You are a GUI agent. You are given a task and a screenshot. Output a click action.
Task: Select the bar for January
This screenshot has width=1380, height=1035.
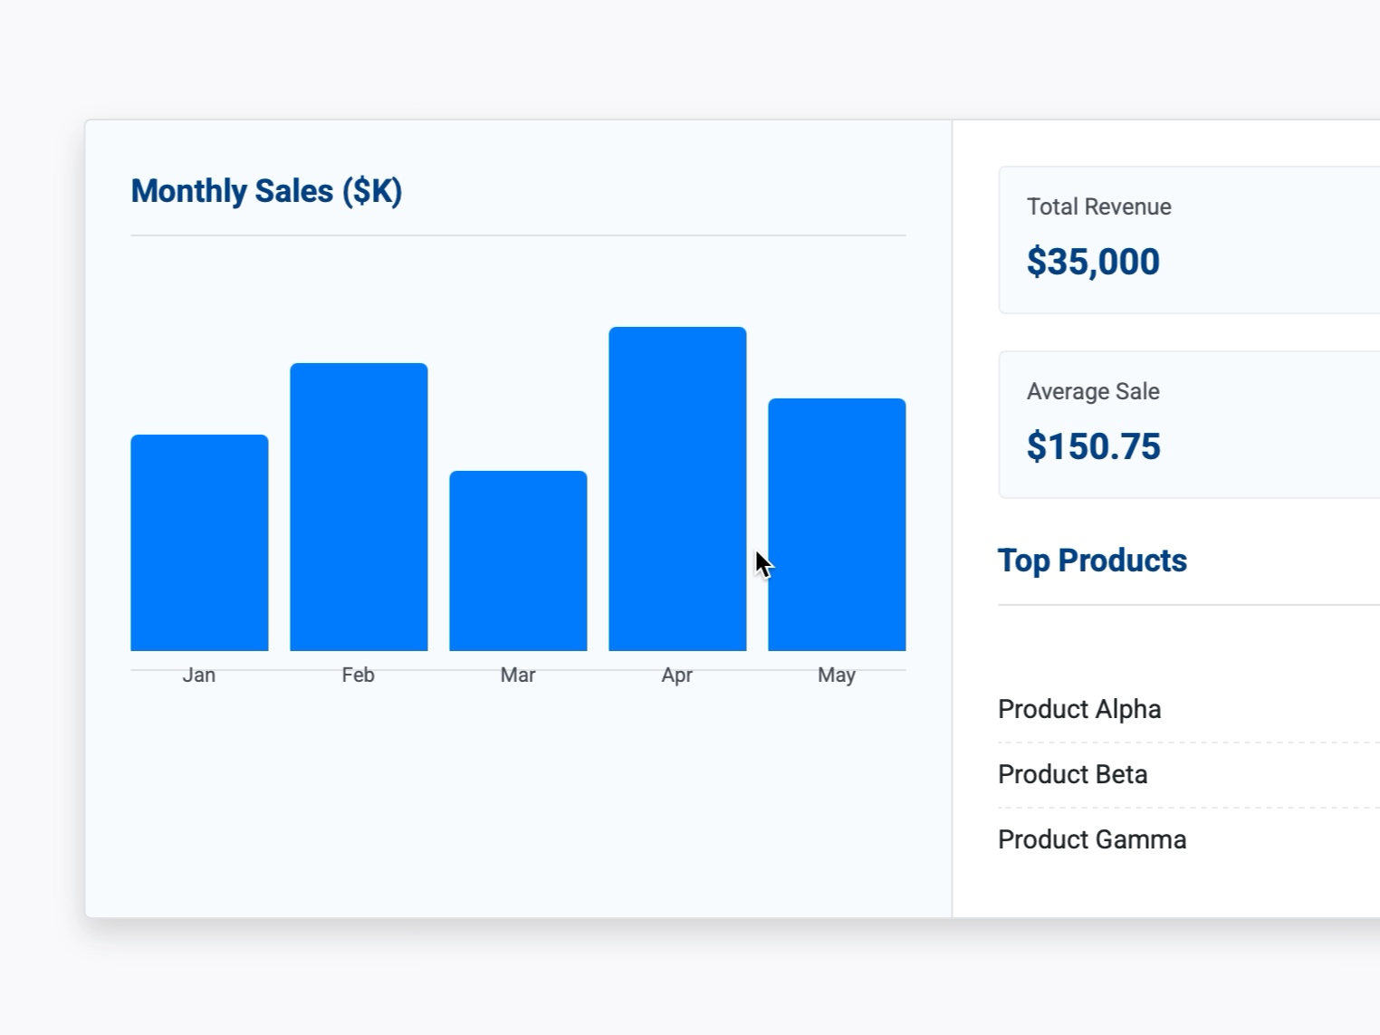[x=199, y=542]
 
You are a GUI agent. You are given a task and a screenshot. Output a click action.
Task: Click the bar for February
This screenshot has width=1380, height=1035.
[x=359, y=507]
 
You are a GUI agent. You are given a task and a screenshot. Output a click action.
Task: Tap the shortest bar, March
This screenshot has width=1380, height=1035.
[x=518, y=561]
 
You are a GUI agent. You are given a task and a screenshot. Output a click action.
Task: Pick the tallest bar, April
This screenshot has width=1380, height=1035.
[x=677, y=489]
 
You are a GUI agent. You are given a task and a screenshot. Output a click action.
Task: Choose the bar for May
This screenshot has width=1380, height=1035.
[x=837, y=524]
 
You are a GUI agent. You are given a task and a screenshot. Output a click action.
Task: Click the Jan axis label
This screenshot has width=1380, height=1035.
[x=199, y=675]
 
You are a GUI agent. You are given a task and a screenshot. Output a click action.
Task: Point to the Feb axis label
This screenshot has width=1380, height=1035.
[x=359, y=675]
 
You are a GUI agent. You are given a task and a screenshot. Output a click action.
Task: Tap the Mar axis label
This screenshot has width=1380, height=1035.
[x=518, y=675]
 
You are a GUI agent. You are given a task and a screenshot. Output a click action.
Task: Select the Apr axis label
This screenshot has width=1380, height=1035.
[x=677, y=675]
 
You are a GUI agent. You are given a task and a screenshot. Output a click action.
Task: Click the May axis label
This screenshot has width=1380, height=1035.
[x=837, y=675]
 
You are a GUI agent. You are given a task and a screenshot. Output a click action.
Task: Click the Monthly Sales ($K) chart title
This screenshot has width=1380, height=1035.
[x=266, y=191]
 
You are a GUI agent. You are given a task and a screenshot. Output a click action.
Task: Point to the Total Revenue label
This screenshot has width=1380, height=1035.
[x=1098, y=206]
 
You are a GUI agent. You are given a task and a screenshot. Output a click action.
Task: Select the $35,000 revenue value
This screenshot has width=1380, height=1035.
[x=1093, y=262]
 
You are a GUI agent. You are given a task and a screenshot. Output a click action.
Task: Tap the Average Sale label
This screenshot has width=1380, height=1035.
[x=1093, y=391]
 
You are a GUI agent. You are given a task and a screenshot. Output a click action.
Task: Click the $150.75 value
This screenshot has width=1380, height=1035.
[x=1093, y=446]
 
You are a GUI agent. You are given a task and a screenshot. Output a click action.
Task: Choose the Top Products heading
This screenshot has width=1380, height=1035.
[x=1092, y=561]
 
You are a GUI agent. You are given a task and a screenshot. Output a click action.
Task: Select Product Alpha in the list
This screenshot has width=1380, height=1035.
[x=1079, y=709]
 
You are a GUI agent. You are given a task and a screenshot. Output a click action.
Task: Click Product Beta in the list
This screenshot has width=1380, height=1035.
[x=1072, y=774]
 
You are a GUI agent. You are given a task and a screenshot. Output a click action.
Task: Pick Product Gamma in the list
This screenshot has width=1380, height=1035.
[x=1092, y=839]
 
